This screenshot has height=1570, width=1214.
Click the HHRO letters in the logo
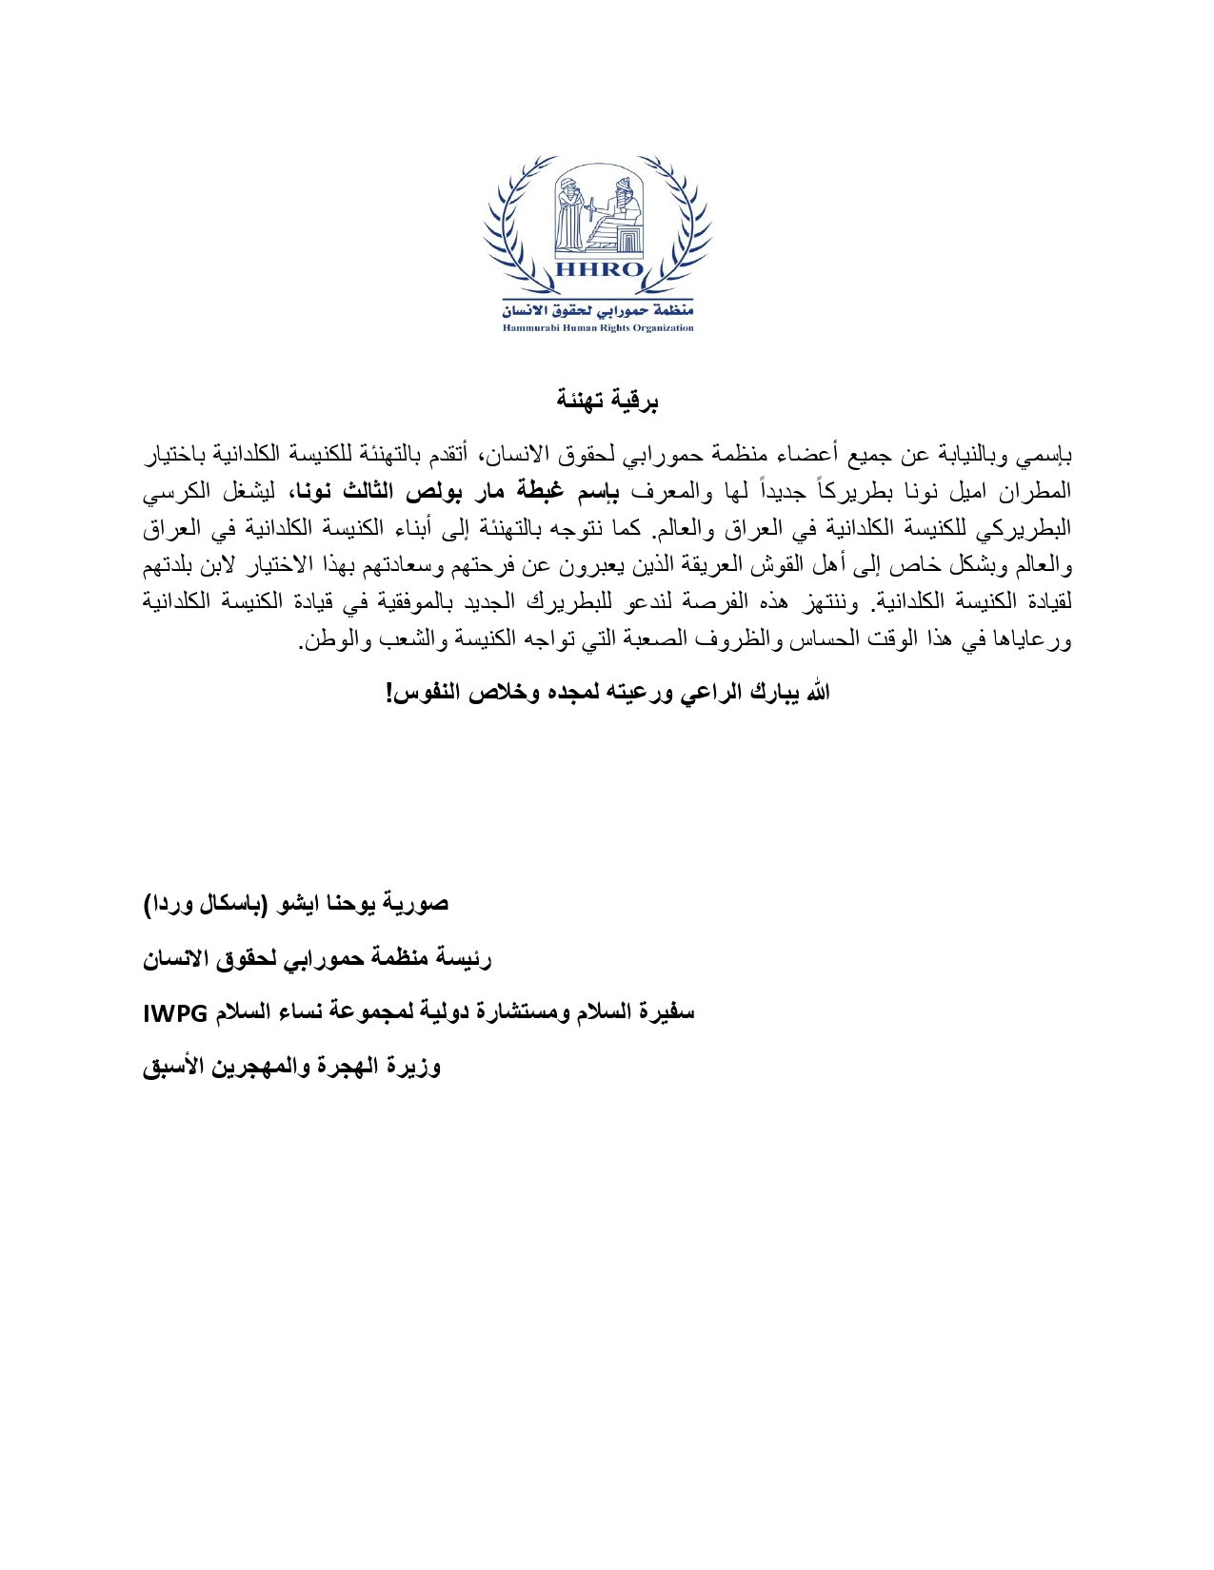tap(598, 269)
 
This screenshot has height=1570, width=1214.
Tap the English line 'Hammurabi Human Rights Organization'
tap(598, 328)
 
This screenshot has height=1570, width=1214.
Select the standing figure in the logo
tap(570, 214)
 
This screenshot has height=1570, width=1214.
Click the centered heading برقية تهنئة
tap(607, 401)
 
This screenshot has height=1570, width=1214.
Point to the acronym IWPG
tap(175, 1013)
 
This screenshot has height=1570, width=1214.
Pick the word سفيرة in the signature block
tap(667, 1012)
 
